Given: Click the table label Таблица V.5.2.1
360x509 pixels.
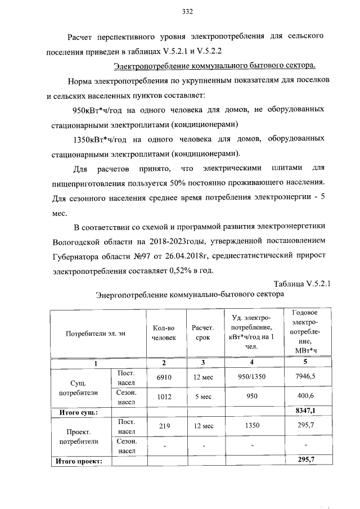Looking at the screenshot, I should (x=301, y=283).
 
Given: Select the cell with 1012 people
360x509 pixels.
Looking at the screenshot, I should (x=164, y=397).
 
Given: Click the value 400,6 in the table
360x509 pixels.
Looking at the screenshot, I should (x=305, y=397).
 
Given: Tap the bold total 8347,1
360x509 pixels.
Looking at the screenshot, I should (x=305, y=412).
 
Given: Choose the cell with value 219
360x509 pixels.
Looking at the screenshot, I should (x=164, y=426).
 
